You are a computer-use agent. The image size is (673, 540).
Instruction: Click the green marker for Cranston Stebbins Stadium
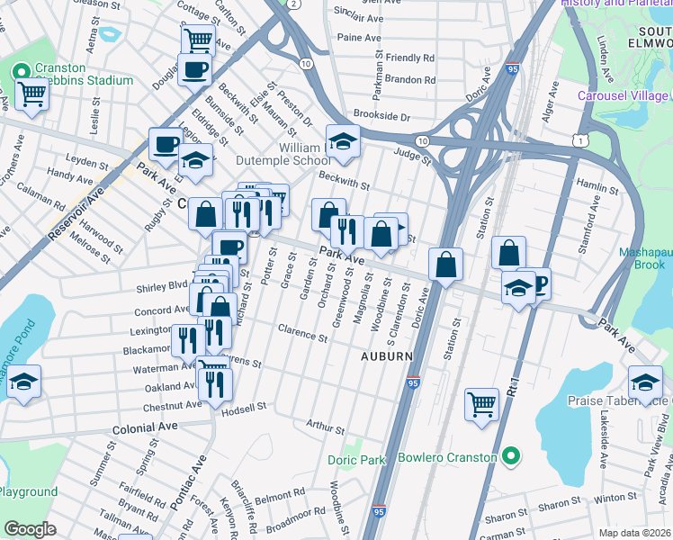coord(20,71)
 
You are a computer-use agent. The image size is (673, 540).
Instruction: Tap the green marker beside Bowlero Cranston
coord(511,457)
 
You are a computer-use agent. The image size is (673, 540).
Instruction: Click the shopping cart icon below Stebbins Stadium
coord(31,93)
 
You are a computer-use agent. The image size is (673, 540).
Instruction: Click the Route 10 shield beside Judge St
coord(421,141)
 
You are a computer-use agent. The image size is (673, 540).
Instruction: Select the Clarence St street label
coord(302,333)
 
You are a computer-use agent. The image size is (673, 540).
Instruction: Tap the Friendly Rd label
coord(409,58)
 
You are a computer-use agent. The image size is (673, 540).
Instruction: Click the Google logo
coord(30,529)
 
